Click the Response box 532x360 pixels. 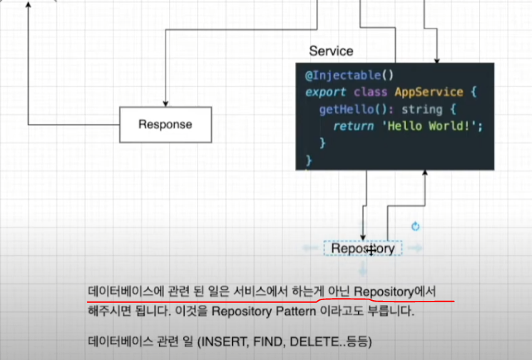165,125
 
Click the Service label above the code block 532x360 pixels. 331,51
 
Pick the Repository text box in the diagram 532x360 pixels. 363,249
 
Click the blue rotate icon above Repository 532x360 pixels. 416,227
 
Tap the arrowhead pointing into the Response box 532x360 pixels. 165,103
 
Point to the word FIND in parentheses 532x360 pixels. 267,343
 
